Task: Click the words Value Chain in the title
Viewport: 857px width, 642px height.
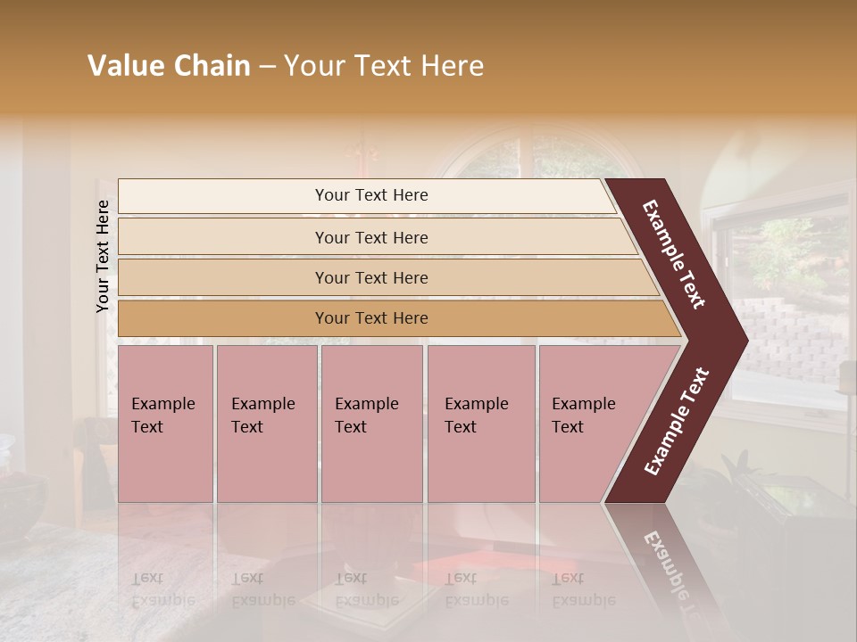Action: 169,66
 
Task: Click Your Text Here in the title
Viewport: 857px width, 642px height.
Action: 384,66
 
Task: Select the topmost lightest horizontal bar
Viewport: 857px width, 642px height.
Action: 370,195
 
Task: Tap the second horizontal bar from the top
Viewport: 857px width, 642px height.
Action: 370,237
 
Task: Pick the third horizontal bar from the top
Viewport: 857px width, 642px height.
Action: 370,277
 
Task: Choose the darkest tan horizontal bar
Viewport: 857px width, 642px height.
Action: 370,318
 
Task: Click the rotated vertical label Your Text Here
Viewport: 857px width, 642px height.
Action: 103,256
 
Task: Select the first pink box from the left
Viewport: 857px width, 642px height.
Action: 165,423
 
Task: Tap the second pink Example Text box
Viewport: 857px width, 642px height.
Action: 266,423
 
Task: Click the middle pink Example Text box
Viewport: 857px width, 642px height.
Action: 371,423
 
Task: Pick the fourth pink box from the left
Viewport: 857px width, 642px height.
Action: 481,423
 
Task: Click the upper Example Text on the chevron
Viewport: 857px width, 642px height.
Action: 674,254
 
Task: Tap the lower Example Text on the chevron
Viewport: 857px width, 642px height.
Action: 678,422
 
